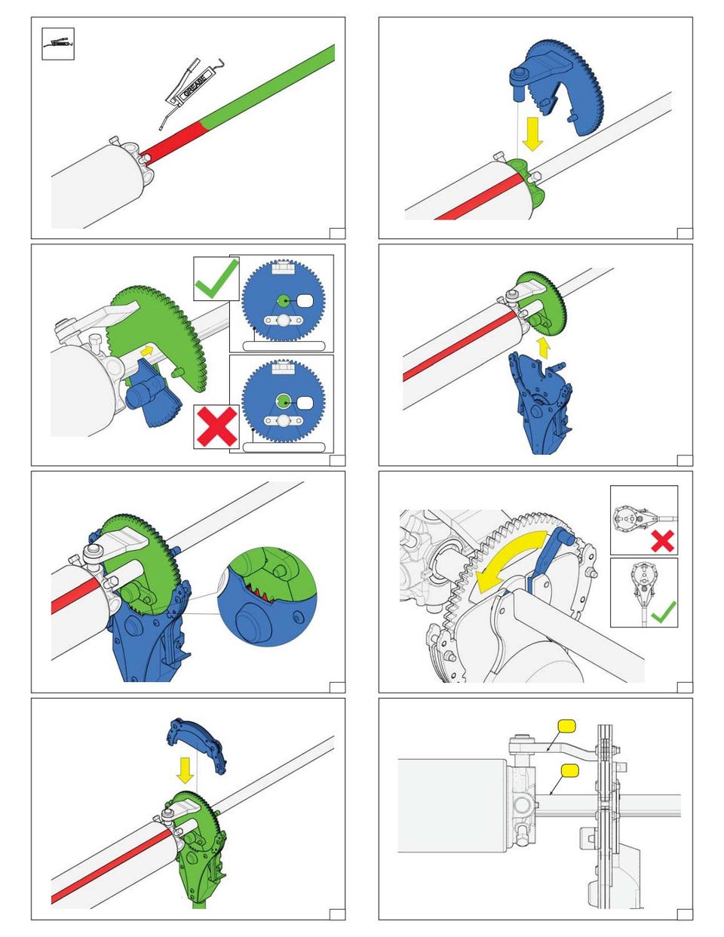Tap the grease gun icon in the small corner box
click(58, 43)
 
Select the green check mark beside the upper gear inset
click(216, 278)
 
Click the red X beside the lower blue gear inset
click(216, 426)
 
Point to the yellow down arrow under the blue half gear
click(532, 134)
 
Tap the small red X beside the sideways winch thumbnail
click(662, 541)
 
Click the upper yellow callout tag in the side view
click(566, 726)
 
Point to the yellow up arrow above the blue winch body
click(544, 348)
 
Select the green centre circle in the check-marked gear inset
click(283, 301)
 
